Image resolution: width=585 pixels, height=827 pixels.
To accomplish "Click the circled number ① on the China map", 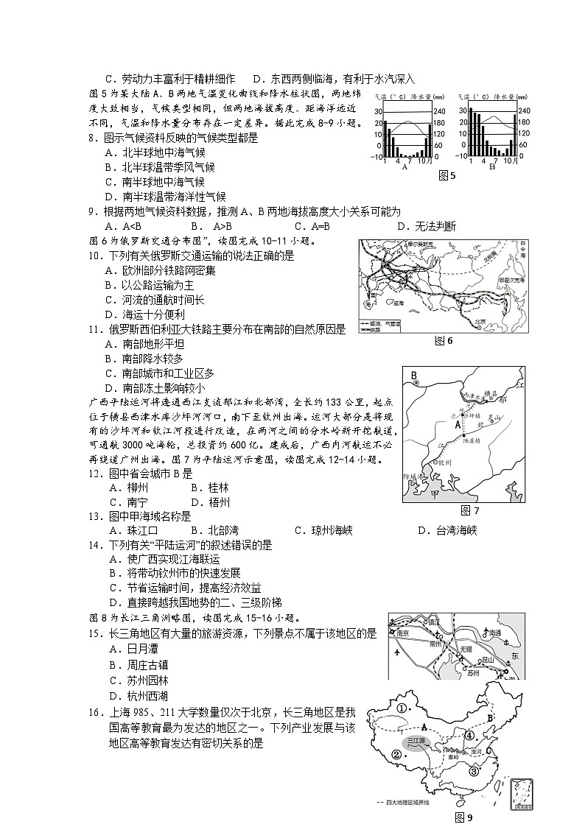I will click(x=402, y=709).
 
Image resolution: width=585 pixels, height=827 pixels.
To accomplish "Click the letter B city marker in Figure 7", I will click(x=414, y=376).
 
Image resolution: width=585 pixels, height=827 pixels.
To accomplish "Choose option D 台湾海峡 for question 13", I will click(x=446, y=530).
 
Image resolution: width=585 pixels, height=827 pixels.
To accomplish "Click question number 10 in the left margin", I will click(x=94, y=256).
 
